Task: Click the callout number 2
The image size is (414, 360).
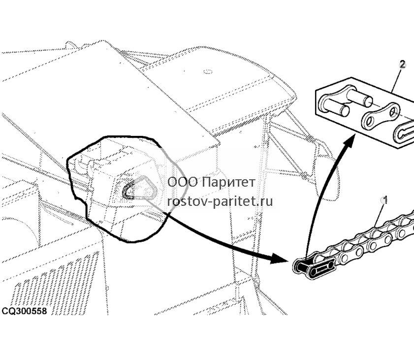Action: coord(402,65)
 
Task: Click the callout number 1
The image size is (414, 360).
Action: coord(384,200)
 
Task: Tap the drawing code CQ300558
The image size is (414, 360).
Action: coord(24,311)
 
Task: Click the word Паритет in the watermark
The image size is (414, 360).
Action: coord(229,182)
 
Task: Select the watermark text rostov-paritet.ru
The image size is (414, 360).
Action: coord(220,201)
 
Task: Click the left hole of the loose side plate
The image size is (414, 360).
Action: coord(370,122)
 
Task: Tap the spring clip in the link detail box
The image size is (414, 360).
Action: coord(404,132)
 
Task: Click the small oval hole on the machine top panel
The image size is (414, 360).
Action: coord(208,72)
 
